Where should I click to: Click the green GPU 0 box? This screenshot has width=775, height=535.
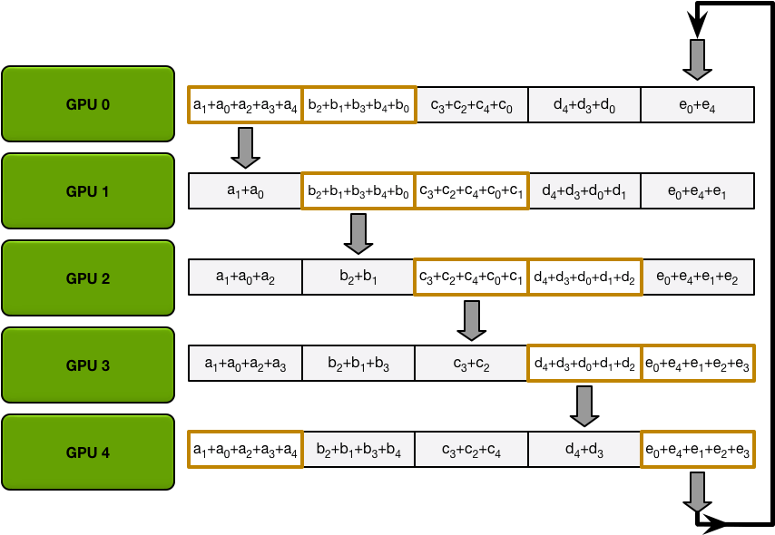coord(88,104)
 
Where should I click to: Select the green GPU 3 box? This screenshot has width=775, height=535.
coord(88,365)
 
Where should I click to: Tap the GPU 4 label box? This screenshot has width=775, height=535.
coord(88,452)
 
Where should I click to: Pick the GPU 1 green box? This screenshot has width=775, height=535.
coord(88,191)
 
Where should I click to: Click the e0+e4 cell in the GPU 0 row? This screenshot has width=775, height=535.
coord(697,105)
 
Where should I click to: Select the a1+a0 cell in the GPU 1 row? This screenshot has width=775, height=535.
coord(245,191)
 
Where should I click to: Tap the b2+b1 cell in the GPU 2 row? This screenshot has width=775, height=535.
coord(358,277)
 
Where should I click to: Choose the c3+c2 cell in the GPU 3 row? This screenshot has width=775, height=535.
coord(471,365)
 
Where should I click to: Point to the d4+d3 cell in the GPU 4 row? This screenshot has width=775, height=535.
coord(584,451)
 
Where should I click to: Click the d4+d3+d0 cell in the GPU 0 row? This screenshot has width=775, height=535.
coord(584,105)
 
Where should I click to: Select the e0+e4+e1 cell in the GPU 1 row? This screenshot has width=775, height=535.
coord(697,191)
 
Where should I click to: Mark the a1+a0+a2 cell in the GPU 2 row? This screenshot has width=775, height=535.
coord(245,277)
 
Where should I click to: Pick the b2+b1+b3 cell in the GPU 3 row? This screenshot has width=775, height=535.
coord(358,365)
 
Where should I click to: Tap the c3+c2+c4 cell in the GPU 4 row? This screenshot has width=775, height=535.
coord(471,451)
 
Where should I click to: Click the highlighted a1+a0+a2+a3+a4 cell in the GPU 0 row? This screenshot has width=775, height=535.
coord(245,105)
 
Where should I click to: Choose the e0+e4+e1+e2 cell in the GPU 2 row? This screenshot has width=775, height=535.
coord(697,277)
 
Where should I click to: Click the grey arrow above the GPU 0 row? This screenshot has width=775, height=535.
coord(697,59)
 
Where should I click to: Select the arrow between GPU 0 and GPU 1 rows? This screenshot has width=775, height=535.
coord(245,147)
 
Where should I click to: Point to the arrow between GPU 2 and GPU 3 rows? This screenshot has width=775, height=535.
coord(471,320)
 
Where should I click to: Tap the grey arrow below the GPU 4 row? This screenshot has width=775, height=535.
coord(697,491)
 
